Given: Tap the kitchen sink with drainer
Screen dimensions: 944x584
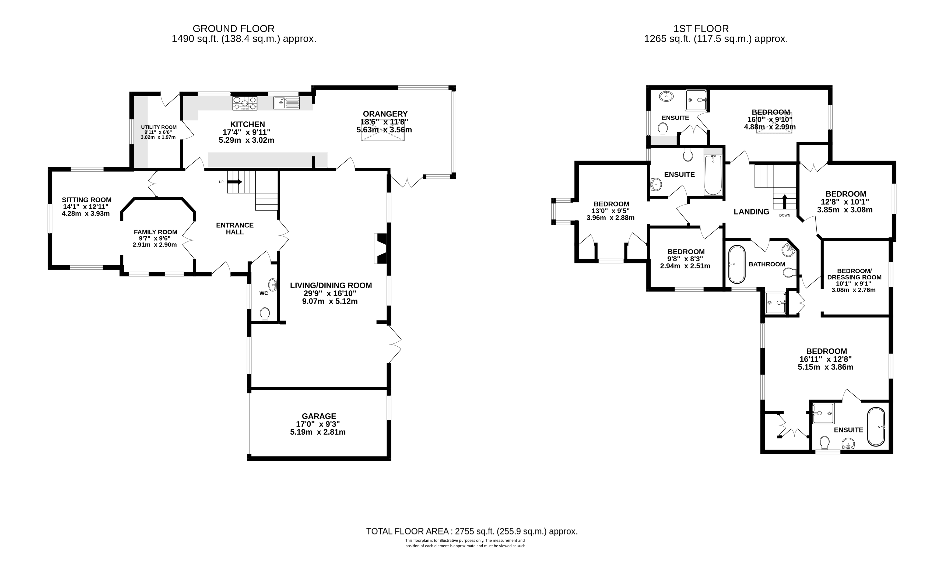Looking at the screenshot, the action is tap(287, 103).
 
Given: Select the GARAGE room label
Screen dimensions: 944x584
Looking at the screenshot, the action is tap(319, 416).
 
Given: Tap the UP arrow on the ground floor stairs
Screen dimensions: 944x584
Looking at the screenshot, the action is tap(237, 182).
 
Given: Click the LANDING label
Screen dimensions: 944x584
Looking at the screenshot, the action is tap(751, 212).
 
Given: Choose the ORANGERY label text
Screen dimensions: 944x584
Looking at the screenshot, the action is tap(385, 114).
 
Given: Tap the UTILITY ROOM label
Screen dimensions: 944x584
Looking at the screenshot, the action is tap(159, 127).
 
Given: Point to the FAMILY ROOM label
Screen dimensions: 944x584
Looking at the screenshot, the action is tap(156, 232).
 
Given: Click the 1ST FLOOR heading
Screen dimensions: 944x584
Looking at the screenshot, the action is tap(701, 29).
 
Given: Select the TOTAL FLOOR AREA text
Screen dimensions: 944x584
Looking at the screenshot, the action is tap(472, 532).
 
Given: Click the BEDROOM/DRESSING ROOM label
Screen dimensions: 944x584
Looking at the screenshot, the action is tap(854, 274).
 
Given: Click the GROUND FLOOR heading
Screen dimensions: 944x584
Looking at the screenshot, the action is tap(234, 29).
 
